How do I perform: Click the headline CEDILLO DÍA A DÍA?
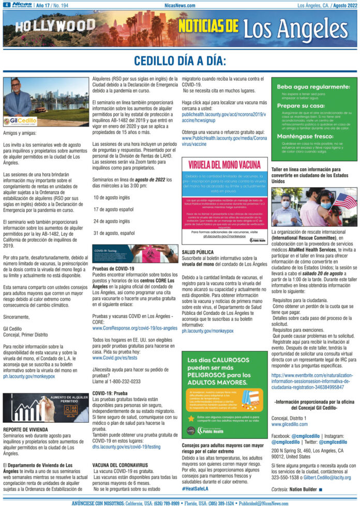tap(179, 60)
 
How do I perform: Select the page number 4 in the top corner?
tap(6, 5)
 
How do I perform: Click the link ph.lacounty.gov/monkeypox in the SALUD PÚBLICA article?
tap(204, 330)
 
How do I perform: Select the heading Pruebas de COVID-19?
tap(113, 269)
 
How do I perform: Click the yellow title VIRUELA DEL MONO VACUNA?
tap(224, 164)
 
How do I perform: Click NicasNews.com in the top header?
tap(180, 5)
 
